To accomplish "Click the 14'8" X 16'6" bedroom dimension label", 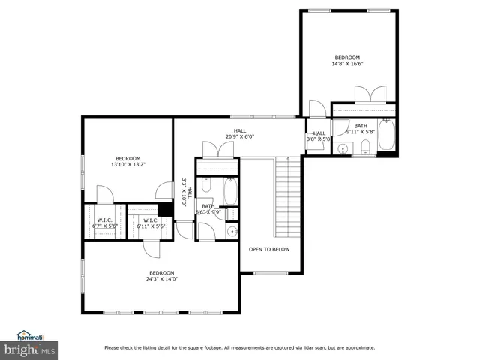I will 347,61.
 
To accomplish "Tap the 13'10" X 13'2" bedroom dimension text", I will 127,161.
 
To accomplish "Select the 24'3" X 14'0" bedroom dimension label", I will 161,275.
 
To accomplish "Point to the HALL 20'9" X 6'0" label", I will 239,134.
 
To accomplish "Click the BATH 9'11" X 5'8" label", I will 361,130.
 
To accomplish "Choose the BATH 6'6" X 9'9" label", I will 208,209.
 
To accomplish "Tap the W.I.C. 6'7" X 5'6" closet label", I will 104,223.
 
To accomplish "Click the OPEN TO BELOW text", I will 269,249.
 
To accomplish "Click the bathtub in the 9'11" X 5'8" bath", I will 388,136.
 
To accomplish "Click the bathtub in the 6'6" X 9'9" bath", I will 230,192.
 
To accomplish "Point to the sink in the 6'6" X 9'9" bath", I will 232,231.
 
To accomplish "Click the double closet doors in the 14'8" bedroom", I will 370,94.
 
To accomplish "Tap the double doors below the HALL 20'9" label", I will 217,148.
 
